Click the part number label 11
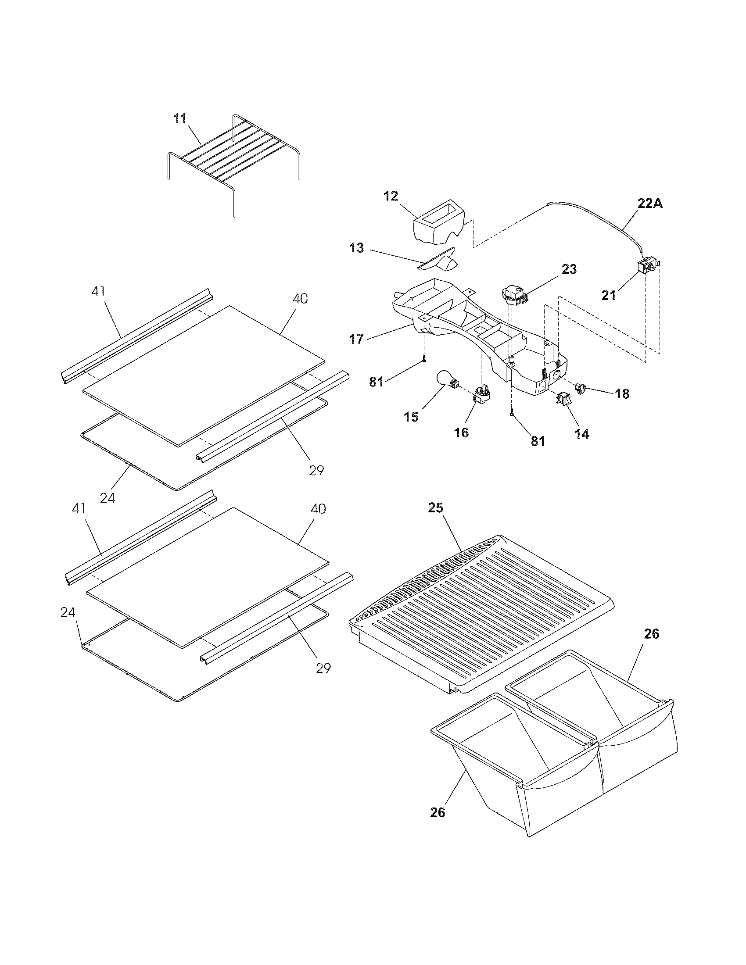pos(180,119)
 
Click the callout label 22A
pos(650,204)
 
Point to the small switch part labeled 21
pos(646,268)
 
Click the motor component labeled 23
pos(513,296)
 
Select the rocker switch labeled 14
pos(562,400)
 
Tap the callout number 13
pos(356,248)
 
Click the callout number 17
pos(356,339)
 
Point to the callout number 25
pos(435,508)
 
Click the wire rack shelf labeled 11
pos(234,155)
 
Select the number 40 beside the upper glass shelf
pos(300,299)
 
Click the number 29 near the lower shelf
pos(323,668)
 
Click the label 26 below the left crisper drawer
pos(438,812)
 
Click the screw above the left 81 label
pos(424,359)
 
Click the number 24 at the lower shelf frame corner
pos(68,612)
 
